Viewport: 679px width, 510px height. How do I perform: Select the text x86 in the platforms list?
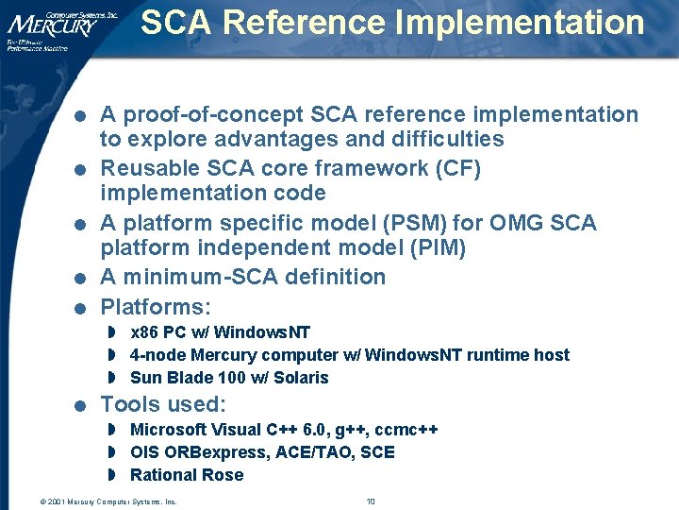pyautogui.click(x=144, y=332)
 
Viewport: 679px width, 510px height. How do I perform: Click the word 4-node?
pyautogui.click(x=157, y=355)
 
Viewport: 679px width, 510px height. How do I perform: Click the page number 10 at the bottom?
pyautogui.click(x=371, y=501)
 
